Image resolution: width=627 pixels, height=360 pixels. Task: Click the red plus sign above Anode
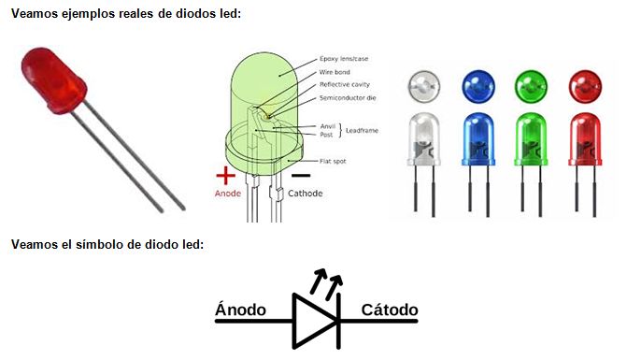coord(224,174)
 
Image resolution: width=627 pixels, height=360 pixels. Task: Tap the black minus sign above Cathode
coord(301,175)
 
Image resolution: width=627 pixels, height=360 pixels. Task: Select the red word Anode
coord(228,194)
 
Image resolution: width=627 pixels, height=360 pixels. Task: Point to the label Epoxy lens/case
coord(344,59)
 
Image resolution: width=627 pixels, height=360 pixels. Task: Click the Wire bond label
coord(335,71)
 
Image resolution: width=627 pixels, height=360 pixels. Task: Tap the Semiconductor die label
coord(347,97)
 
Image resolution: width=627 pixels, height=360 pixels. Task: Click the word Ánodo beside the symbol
coord(240,310)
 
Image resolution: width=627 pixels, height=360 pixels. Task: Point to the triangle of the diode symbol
coord(311,322)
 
